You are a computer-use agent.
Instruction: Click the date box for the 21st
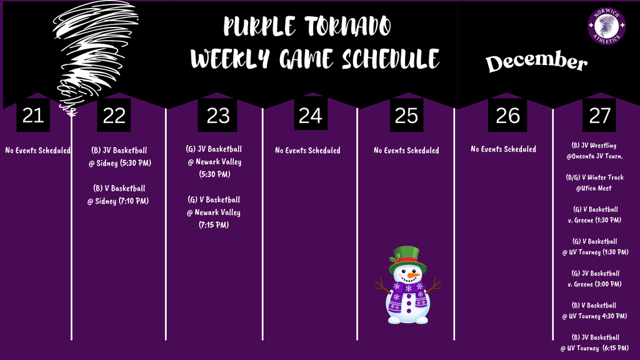pos(32,115)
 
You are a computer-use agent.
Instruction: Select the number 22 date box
pos(114,115)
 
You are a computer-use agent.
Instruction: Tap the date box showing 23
pos(217,115)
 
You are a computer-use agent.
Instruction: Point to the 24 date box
pos(310,115)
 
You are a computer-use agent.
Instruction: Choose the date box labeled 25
pos(406,115)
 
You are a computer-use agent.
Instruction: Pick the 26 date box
pos(507,115)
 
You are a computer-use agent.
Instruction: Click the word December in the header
pos(537,62)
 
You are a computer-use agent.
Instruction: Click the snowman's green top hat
pos(407,257)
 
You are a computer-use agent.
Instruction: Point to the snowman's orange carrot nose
pos(412,275)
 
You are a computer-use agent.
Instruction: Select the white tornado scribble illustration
pos(94,53)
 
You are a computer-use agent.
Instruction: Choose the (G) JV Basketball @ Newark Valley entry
pos(214,162)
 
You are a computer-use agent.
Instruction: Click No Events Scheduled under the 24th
pos(307,150)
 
